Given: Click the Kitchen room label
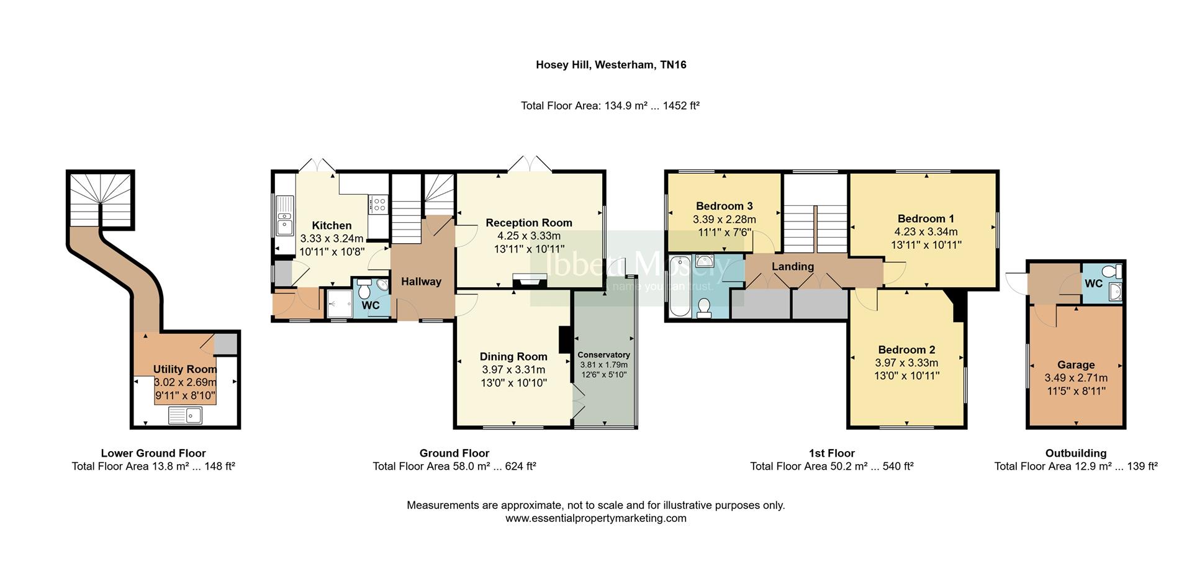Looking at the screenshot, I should (332, 226).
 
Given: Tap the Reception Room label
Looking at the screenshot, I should (528, 223).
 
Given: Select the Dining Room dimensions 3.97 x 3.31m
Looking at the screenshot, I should (513, 370).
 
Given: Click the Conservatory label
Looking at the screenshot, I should (603, 355).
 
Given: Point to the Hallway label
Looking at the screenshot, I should (421, 282).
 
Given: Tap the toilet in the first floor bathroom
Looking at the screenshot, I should (704, 308).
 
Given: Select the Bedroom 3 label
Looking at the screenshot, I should (724, 206).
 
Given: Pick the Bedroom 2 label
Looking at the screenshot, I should (906, 350).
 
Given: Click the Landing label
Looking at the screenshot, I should (792, 267).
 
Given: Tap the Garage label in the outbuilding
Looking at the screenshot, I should (1076, 365).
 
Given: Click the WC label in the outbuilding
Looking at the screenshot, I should (1093, 284).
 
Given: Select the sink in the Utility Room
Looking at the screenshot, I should (185, 415).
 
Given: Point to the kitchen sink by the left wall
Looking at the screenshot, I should (285, 215).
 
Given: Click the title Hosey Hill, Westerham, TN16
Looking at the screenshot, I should (611, 65).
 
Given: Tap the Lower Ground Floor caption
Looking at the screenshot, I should (153, 454).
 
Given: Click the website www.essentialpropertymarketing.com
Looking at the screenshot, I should (595, 519).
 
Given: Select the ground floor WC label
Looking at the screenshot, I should (370, 306).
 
